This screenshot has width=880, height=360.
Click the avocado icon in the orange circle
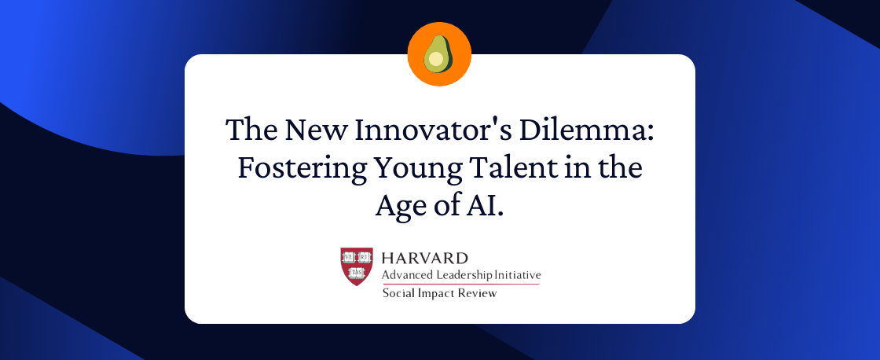[x=439, y=54]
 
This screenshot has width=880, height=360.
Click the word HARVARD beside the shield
[x=424, y=259]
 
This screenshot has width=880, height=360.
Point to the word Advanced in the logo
[x=405, y=275]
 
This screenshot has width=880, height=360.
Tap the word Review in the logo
[x=478, y=293]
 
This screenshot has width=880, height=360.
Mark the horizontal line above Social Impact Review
[x=460, y=284]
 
